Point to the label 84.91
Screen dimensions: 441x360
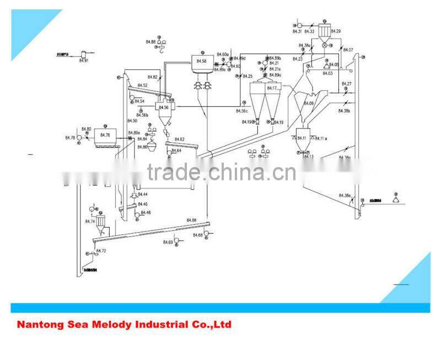click(84, 60)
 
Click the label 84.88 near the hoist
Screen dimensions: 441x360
click(150, 41)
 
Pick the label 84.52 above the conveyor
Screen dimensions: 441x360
click(142, 85)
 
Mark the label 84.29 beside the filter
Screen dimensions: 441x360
click(336, 31)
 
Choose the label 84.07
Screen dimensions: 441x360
click(348, 50)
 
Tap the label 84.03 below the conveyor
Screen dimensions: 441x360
click(327, 73)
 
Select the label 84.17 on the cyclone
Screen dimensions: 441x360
click(272, 88)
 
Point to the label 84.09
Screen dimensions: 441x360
click(308, 103)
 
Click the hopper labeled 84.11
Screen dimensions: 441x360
click(302, 137)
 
